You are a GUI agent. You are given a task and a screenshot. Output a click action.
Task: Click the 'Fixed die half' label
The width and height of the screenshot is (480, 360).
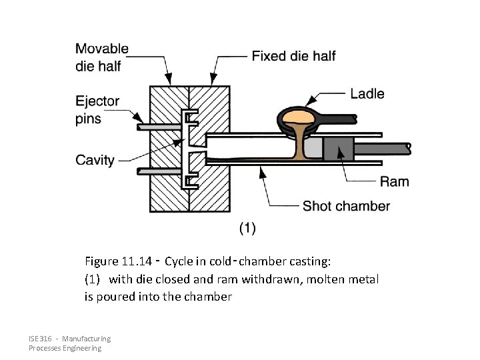tap(293, 56)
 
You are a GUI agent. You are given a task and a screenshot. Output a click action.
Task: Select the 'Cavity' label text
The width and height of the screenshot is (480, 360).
tap(95, 160)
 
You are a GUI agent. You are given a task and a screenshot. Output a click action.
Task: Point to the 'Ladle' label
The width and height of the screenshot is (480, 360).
tap(367, 93)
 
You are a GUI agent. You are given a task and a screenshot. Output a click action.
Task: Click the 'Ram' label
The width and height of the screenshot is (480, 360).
tap(394, 181)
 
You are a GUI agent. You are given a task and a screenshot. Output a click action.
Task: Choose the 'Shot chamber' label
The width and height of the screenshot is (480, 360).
tap(346, 206)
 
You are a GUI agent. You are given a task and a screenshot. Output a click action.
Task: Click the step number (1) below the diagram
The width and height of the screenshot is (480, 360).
tap(247, 228)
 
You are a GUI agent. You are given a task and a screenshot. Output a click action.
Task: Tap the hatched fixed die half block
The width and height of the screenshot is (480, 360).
tap(212, 107)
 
